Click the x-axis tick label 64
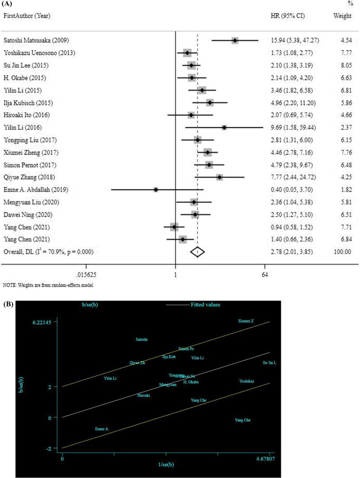pos(265,274)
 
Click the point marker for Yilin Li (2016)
pos(224,128)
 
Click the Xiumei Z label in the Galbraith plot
pos(246,321)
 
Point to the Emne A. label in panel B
pos(102,429)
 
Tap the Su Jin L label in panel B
pos(269,363)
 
